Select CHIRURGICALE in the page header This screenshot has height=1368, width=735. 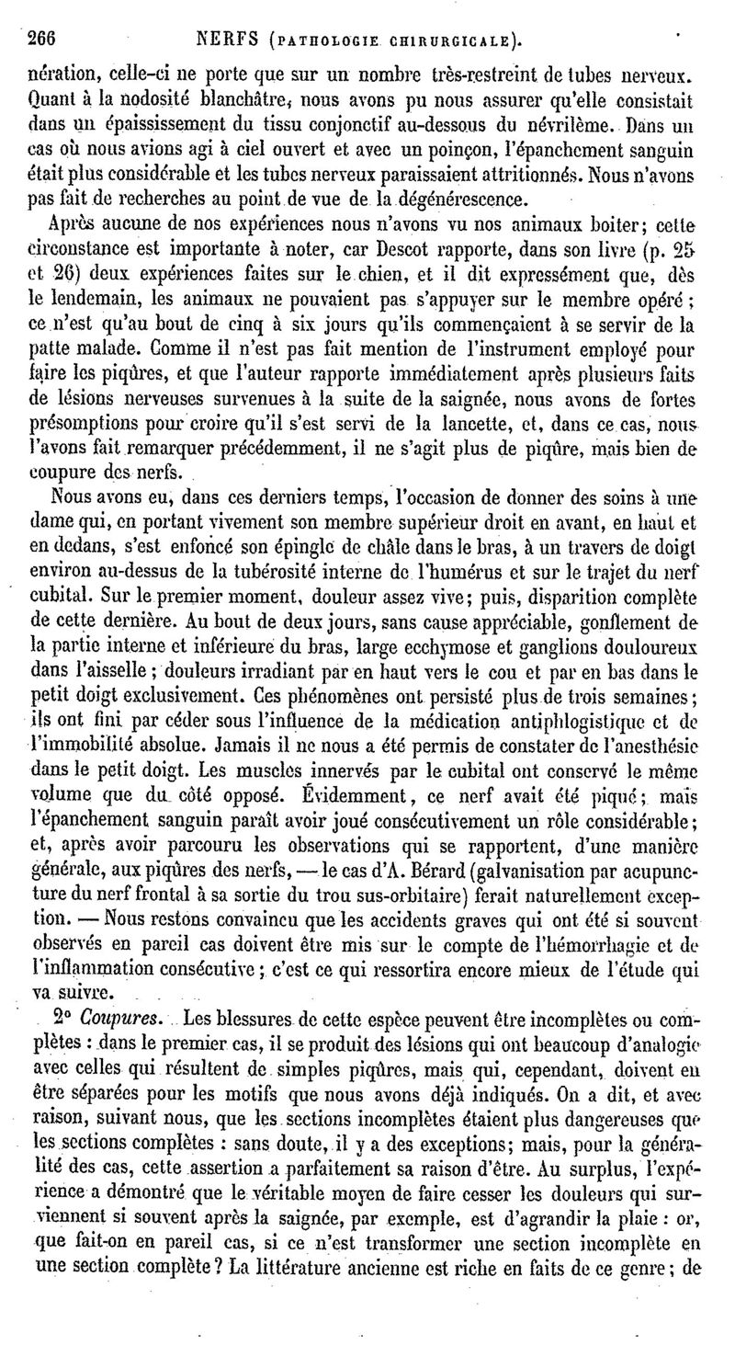pos(449,40)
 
